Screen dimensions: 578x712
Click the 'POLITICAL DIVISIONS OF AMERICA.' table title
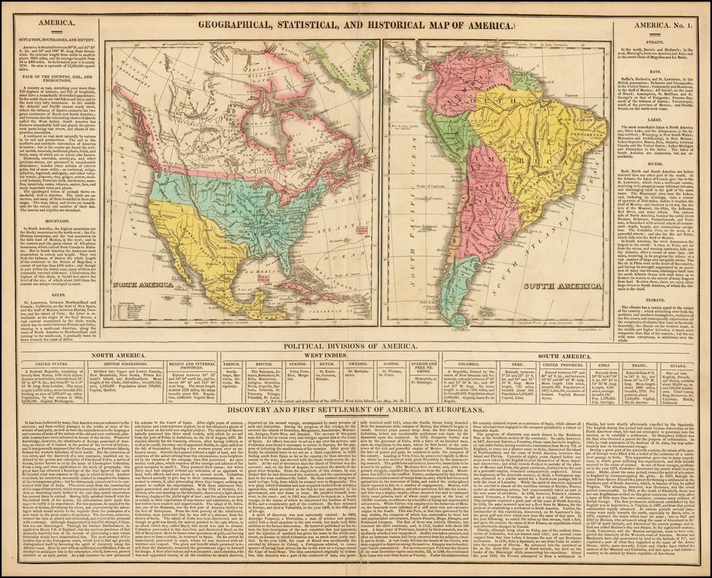(x=356, y=346)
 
